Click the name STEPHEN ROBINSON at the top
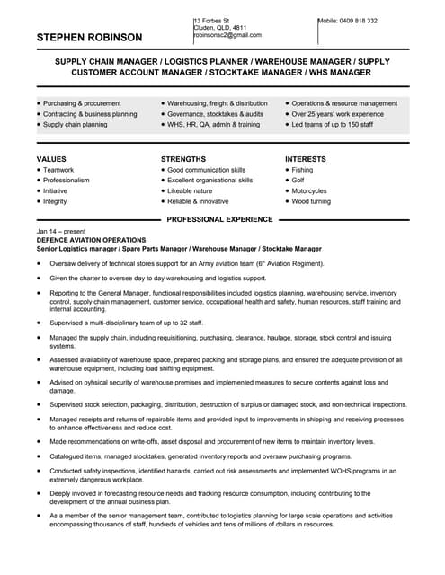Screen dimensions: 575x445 coord(89,38)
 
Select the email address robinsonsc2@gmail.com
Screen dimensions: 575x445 coord(226,35)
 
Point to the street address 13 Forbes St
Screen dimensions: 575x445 coord(212,20)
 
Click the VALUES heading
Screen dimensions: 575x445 coord(51,158)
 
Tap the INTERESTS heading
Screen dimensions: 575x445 coord(305,158)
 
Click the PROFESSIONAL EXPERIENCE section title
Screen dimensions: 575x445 coord(219,219)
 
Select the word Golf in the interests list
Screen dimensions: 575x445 coord(299,180)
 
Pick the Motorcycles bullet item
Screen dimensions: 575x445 coord(309,190)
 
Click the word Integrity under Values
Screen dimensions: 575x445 coord(55,201)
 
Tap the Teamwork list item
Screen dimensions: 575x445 coord(58,169)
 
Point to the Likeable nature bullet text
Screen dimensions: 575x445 coord(190,190)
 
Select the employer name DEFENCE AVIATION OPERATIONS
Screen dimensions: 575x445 coord(91,241)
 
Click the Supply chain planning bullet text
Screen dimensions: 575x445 coord(75,124)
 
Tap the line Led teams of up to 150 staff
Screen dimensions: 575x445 coord(332,124)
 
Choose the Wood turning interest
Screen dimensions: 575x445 coord(311,201)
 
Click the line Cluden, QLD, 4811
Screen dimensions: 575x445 coord(220,28)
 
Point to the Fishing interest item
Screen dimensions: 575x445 coord(302,169)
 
